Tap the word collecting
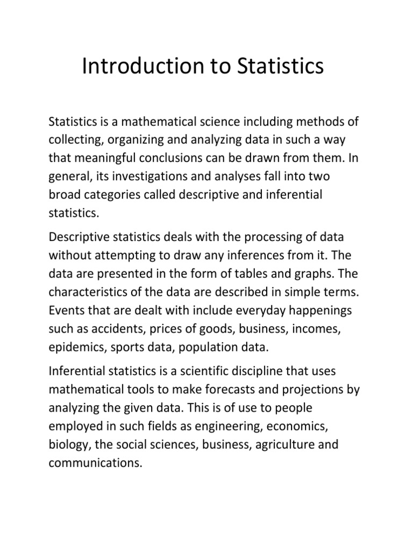point(75,140)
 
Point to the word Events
point(65,311)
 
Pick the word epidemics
point(76,348)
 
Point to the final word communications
point(95,464)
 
